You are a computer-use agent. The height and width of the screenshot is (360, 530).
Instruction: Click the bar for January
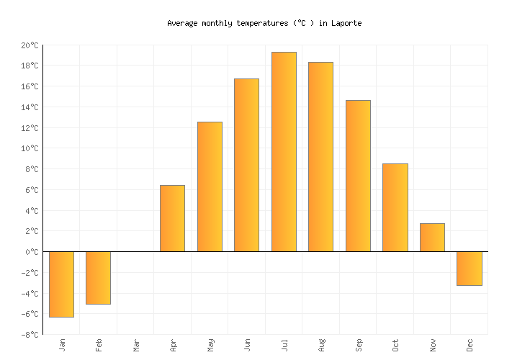(x=61, y=284)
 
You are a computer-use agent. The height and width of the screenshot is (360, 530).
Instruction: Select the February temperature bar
(x=98, y=278)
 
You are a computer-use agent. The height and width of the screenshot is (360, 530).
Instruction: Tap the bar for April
(x=172, y=218)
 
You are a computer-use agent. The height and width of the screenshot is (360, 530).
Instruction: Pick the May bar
(x=210, y=186)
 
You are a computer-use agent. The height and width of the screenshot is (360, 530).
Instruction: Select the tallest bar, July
(x=284, y=152)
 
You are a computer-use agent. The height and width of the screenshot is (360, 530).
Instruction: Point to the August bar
(x=320, y=157)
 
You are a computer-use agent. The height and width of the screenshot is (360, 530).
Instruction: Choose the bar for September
(x=358, y=176)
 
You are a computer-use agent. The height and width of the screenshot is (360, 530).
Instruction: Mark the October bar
(x=395, y=207)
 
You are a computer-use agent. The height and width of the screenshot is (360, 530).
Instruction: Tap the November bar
(x=432, y=238)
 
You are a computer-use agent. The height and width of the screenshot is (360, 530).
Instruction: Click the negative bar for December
(x=470, y=269)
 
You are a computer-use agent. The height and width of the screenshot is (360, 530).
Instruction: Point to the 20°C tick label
(x=30, y=45)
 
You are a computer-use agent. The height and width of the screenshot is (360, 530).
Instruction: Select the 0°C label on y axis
(x=32, y=252)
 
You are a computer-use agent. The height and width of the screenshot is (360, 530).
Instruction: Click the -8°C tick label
(x=30, y=335)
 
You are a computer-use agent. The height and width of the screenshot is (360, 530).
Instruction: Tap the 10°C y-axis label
(x=30, y=148)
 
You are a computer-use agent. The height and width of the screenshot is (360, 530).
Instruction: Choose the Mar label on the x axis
(x=136, y=346)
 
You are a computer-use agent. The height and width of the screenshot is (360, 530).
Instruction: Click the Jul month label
(x=284, y=346)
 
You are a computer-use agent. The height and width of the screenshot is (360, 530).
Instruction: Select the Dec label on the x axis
(x=470, y=346)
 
